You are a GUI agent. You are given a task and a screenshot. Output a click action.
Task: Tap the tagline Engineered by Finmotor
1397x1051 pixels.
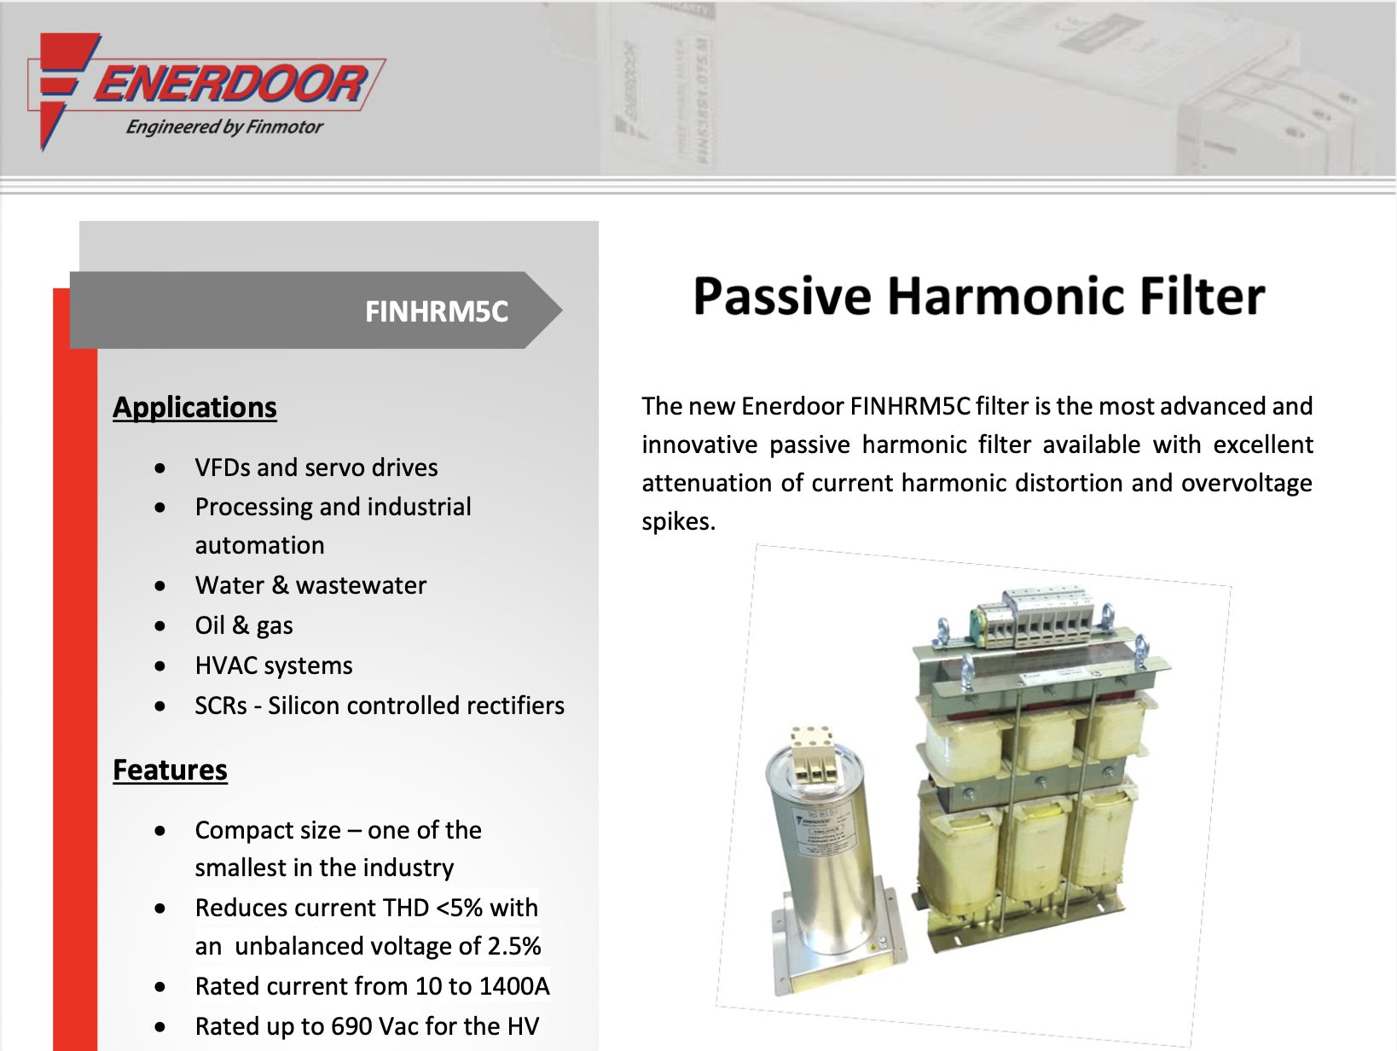coord(224,126)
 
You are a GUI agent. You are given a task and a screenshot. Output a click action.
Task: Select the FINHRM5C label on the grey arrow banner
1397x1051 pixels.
coord(437,311)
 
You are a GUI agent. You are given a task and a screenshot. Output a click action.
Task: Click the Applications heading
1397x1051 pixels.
coord(194,408)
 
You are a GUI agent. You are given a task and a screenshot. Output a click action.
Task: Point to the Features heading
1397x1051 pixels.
coord(170,769)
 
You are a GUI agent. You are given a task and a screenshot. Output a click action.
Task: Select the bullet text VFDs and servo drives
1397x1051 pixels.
coord(316,467)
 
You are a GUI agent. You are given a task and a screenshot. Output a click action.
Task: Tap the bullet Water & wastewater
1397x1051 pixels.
coord(310,585)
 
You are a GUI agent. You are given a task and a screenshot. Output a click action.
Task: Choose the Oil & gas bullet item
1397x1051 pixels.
coord(244,625)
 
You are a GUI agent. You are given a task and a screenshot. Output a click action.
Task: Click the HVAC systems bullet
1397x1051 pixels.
coord(274,665)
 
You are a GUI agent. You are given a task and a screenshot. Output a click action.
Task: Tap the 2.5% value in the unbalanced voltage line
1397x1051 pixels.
coord(514,946)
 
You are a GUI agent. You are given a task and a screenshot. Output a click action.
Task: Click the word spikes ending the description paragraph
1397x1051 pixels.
coord(678,522)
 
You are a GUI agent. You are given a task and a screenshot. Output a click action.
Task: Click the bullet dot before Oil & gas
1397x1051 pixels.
coord(159,626)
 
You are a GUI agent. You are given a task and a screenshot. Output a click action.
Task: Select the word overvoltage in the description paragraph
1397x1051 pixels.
coord(1247,483)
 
